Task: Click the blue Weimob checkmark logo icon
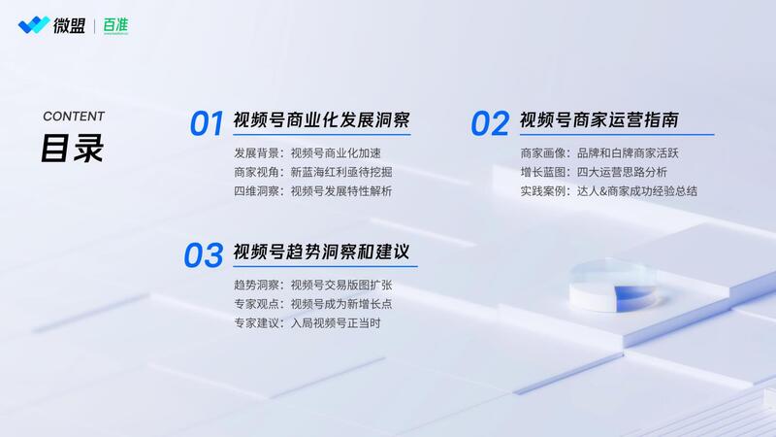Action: [x=34, y=25]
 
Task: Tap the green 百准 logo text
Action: [x=115, y=25]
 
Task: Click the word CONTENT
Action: [x=74, y=117]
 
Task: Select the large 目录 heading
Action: [x=72, y=149]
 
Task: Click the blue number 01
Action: [x=207, y=123]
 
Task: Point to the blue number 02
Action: [x=490, y=123]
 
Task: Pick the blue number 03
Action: [x=204, y=255]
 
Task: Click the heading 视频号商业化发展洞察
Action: [x=322, y=119]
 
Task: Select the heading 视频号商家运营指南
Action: [x=599, y=119]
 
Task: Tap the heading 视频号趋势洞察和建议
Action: [x=322, y=252]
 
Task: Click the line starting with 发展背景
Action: [x=307, y=153]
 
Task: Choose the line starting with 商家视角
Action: [x=313, y=173]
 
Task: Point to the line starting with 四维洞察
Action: [x=313, y=191]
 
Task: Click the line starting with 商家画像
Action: [x=599, y=153]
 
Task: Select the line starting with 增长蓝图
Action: [x=594, y=173]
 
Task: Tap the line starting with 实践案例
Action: [x=609, y=191]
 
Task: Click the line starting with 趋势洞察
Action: [x=313, y=286]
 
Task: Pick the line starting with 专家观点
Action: [x=313, y=304]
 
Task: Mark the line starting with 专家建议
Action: [x=307, y=323]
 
